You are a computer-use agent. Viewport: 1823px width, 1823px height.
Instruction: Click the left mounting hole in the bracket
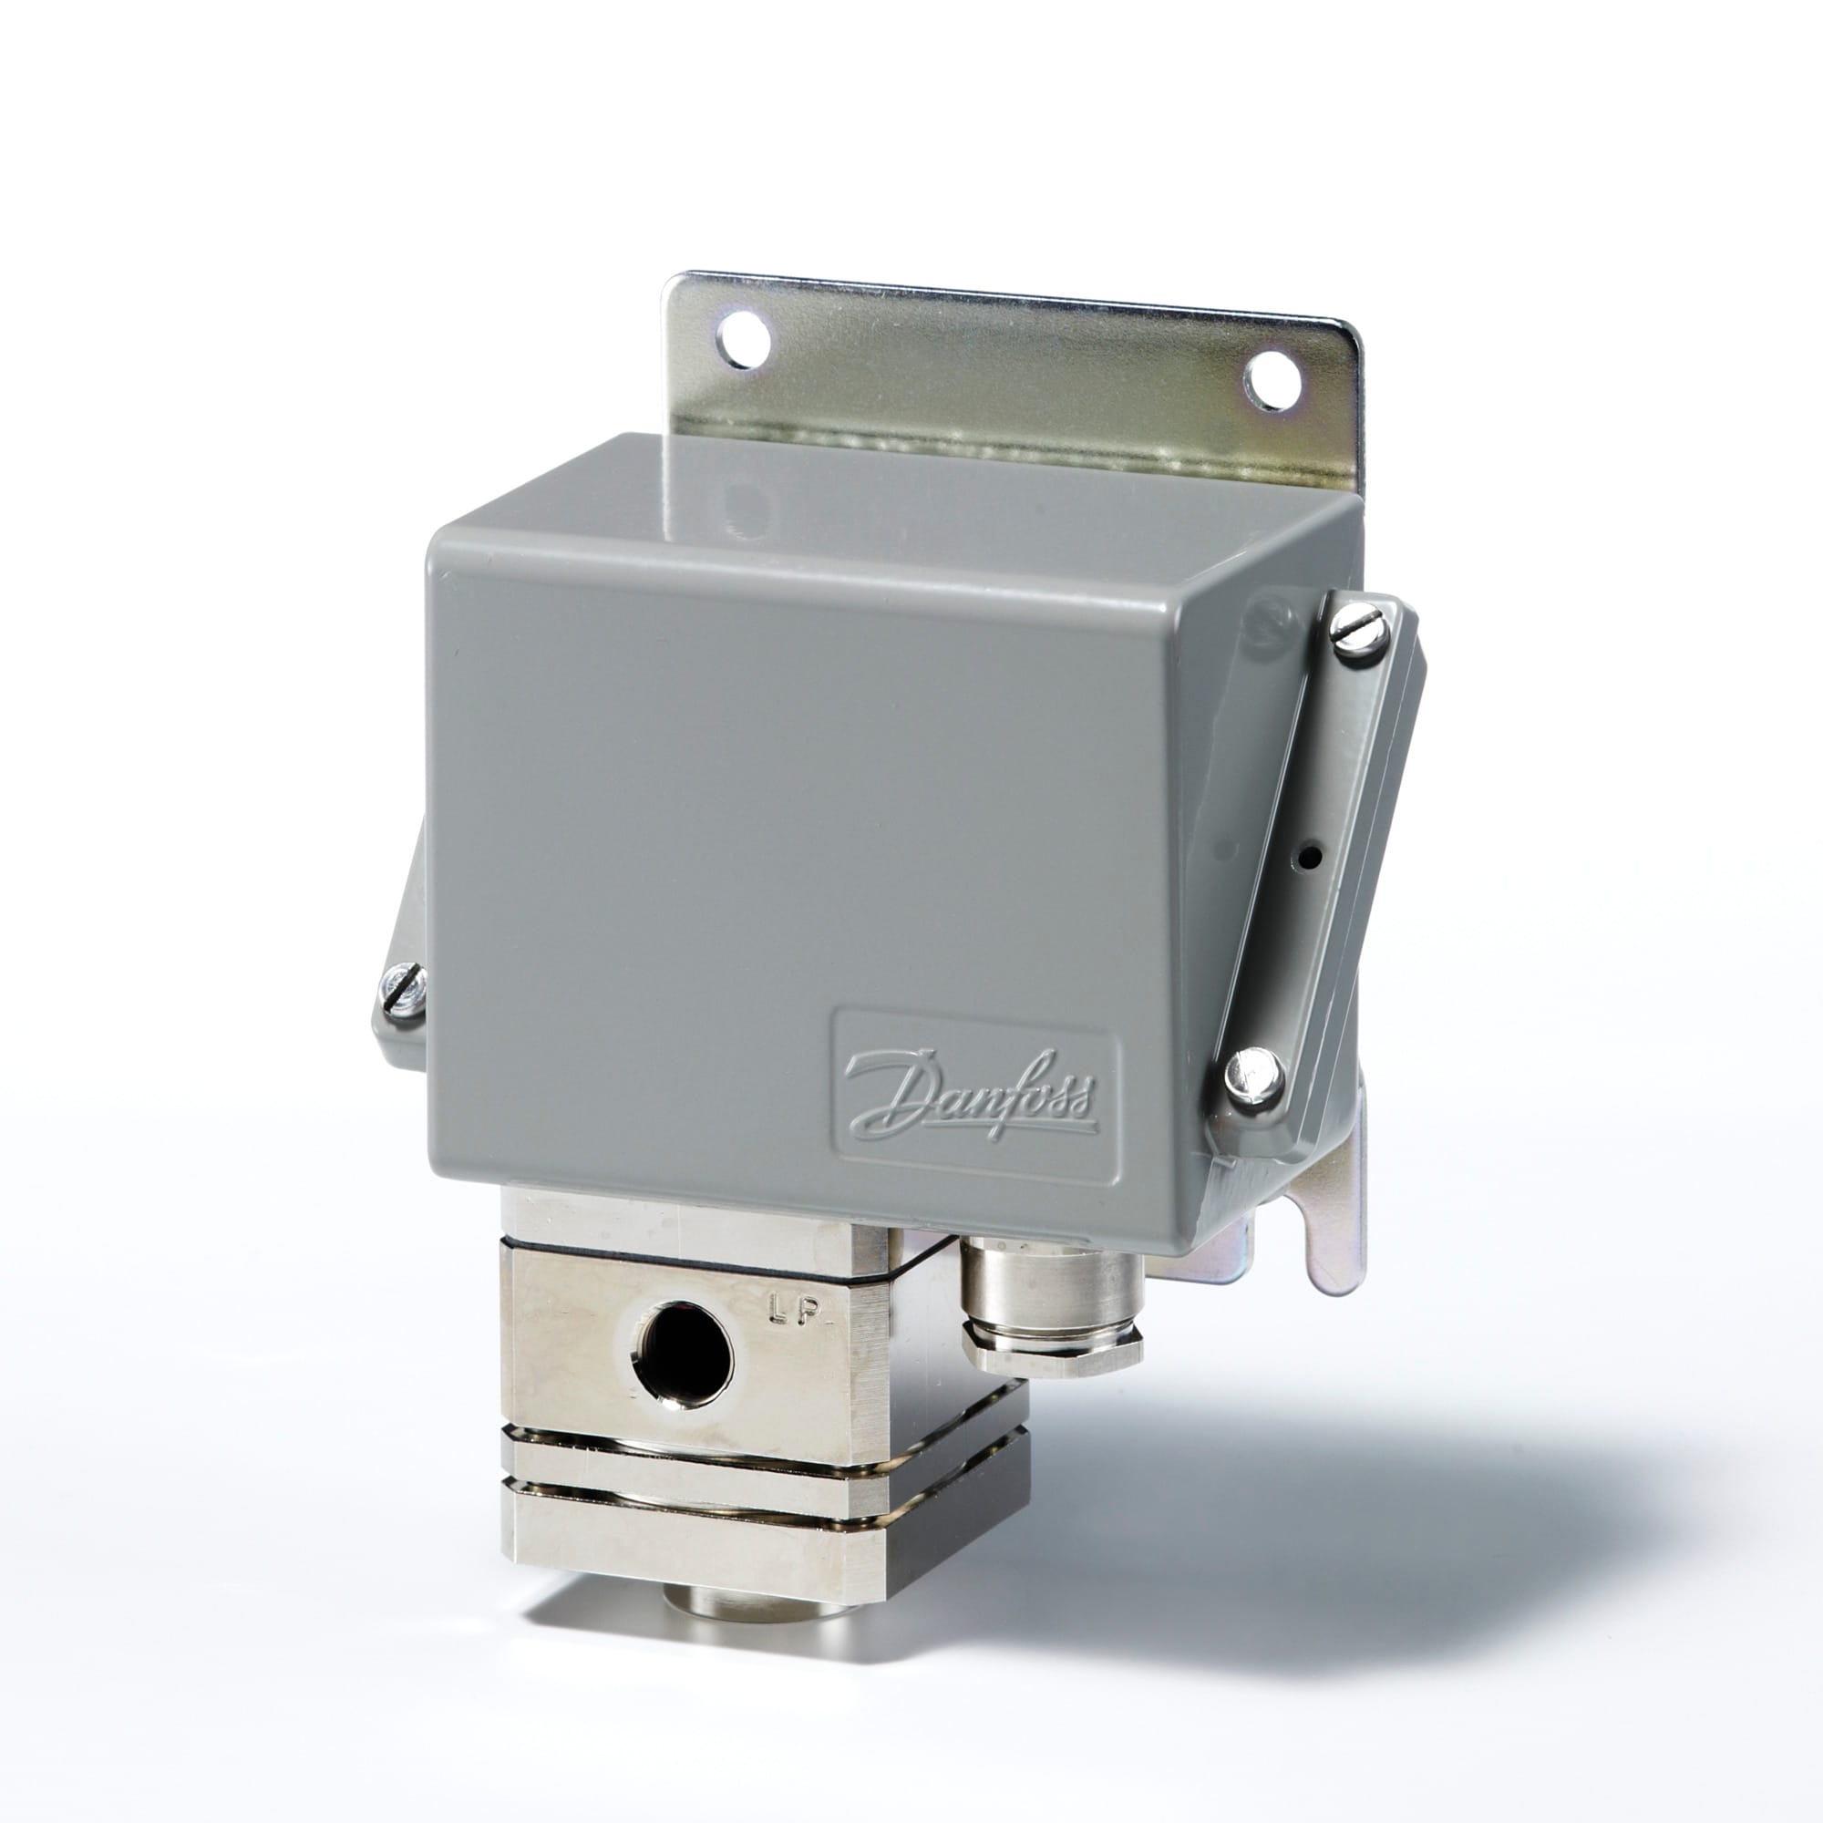744,341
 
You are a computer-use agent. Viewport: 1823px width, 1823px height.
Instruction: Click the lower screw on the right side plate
1255,1075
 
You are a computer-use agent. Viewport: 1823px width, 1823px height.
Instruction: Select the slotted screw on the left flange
403,992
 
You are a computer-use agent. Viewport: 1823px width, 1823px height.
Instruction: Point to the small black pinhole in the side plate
1309,858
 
